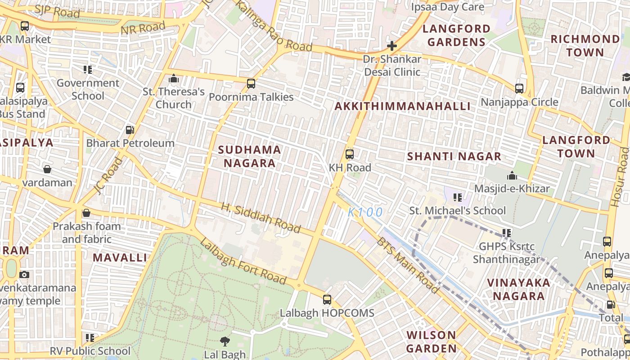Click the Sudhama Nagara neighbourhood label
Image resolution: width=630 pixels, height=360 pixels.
(250, 156)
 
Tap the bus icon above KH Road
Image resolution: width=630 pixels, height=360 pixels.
(349, 154)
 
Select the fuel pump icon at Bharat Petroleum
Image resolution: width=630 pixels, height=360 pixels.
(130, 130)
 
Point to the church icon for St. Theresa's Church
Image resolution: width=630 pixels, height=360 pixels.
(174, 79)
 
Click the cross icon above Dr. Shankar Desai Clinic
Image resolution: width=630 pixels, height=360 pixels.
(392, 46)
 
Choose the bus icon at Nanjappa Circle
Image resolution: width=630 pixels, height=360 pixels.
(519, 88)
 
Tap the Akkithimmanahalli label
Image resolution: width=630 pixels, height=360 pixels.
(402, 106)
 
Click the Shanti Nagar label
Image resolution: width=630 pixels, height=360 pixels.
(454, 157)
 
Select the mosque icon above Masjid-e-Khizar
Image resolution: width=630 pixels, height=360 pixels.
(512, 175)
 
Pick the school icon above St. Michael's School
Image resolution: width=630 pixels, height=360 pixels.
(458, 197)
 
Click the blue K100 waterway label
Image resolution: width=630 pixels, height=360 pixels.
(365, 212)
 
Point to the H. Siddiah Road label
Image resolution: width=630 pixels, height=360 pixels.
(261, 218)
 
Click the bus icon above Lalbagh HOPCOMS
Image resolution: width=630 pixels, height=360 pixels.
(327, 299)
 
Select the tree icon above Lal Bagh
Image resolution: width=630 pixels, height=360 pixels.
(225, 341)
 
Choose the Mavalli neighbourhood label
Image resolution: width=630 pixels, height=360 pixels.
(120, 258)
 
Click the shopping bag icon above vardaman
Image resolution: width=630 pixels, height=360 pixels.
(47, 169)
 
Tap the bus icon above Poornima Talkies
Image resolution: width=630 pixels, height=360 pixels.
(251, 84)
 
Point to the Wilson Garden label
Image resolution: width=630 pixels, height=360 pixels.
(431, 342)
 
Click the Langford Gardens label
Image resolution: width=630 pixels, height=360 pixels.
(456, 36)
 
